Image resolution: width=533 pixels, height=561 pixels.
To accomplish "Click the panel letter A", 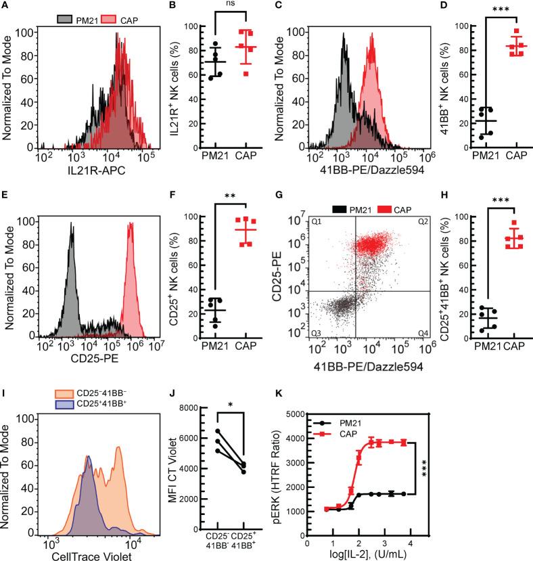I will click(7, 7).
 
